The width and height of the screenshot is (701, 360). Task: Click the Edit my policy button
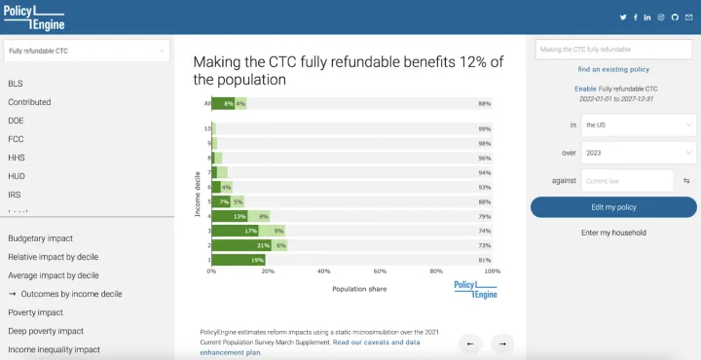point(613,207)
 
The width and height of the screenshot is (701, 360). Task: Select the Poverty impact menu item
point(36,312)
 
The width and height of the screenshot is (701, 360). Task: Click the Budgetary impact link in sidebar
point(41,238)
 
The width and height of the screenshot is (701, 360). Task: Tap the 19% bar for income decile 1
point(238,260)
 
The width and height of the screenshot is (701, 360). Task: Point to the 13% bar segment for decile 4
point(229,216)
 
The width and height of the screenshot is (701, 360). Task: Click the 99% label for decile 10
point(484,128)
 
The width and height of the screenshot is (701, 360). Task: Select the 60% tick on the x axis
point(381,271)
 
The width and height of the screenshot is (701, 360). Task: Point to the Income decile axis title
point(197,194)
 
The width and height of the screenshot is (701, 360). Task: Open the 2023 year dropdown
point(638,152)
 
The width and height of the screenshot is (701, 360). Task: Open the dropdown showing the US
point(638,125)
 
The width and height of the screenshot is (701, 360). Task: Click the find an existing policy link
point(613,70)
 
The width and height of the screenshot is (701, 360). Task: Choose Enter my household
point(613,233)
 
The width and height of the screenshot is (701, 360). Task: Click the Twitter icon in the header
point(624,18)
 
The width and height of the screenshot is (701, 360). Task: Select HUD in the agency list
point(17,175)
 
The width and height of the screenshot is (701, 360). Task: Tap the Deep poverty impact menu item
point(46,331)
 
